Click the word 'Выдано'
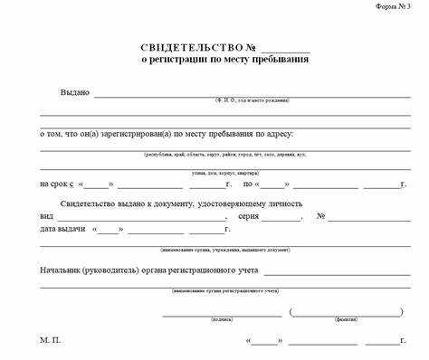[x=75, y=92]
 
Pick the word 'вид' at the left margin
[x=46, y=217]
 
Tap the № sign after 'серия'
[x=320, y=217]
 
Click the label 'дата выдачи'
[x=62, y=230]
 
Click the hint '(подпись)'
[x=222, y=319]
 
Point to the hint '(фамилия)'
[x=346, y=319]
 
